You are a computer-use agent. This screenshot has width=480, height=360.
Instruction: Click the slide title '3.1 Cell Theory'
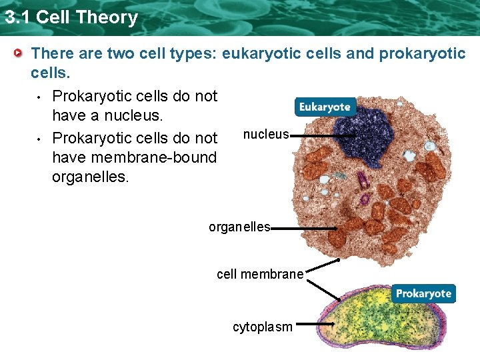[71, 17]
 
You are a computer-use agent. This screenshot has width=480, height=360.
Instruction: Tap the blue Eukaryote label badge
[324, 107]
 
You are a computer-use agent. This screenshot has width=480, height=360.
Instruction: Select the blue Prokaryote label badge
[423, 293]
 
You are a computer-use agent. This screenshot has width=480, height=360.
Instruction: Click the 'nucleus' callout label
[265, 135]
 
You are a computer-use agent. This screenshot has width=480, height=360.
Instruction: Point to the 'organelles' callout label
[239, 227]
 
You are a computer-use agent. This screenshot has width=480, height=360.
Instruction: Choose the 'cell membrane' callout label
[260, 274]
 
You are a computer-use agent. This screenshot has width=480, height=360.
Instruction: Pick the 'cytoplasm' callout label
[262, 327]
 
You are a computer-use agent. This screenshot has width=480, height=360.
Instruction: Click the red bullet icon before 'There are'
[21, 53]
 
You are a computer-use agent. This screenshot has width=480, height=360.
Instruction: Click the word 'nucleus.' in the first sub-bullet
[135, 116]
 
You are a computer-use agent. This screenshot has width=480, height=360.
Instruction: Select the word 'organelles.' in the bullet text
[90, 178]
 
